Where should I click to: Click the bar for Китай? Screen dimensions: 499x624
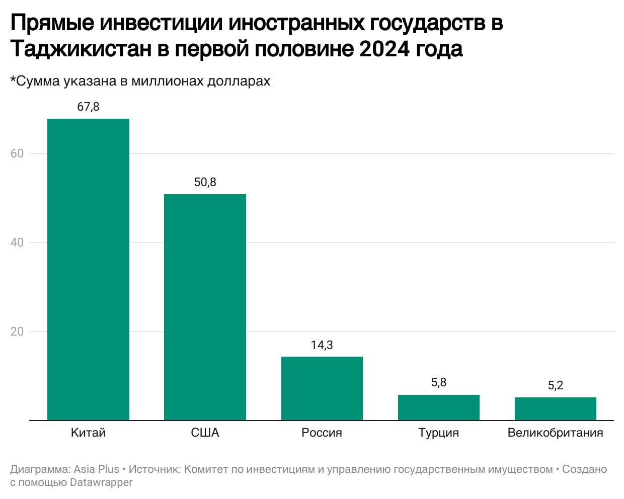coord(88,269)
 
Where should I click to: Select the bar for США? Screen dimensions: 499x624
coord(205,307)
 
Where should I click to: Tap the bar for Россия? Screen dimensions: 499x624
coord(322,388)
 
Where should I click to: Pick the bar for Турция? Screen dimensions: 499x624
coord(438,407)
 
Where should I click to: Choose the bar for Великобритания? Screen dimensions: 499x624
coord(555,409)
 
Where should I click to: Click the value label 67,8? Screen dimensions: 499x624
coord(88,107)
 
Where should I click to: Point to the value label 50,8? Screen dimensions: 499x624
coord(205,182)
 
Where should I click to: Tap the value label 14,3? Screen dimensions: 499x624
coord(322,345)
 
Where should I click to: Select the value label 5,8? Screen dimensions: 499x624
coord(438,383)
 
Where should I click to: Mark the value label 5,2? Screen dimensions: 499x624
coord(555,385)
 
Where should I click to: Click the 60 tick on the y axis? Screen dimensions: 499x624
coord(17,153)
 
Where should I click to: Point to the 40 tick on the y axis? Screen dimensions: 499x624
coord(17,242)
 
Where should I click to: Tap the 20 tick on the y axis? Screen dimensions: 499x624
coord(17,331)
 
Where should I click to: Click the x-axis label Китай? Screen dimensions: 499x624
coord(88,433)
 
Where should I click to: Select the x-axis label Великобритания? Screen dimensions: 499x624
coord(555,433)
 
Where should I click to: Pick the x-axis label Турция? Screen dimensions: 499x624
coord(438,433)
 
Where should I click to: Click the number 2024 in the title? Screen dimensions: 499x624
coord(384,49)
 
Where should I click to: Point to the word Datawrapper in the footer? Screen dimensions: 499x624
coord(101,482)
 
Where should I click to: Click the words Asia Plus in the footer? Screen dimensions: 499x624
coord(96,469)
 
